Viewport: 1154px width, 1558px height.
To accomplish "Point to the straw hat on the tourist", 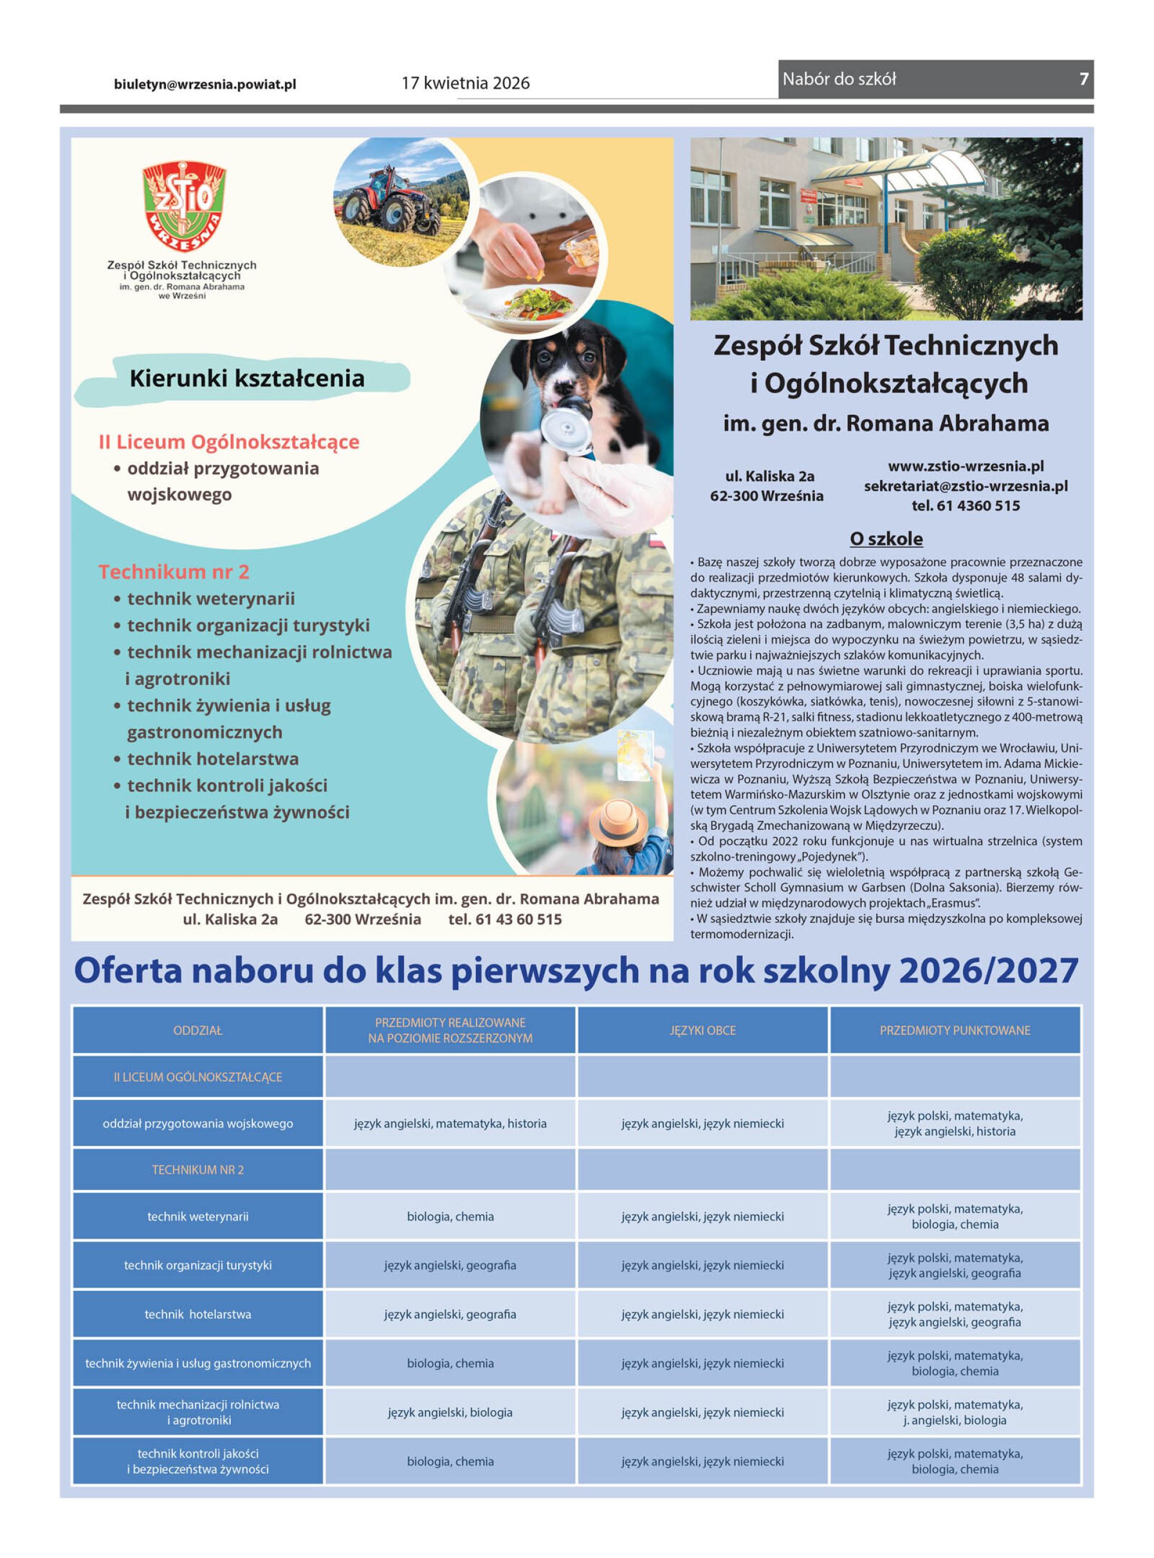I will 617,820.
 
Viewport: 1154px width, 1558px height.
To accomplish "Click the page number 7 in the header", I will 1084,79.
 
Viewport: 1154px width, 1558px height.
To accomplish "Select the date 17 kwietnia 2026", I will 465,83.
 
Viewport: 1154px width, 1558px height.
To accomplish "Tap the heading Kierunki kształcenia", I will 246,379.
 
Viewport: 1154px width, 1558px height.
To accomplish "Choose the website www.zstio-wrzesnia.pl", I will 965,466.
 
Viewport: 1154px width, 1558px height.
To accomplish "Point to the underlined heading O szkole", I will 886,539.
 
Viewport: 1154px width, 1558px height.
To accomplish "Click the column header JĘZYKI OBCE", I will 702,1031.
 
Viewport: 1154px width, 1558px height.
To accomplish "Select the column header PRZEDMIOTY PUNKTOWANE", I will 954,1031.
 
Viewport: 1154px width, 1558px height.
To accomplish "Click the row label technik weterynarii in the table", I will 198,1216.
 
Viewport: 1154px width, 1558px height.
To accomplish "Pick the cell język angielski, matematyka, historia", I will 450,1123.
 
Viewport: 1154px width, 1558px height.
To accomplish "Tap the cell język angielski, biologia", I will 450,1412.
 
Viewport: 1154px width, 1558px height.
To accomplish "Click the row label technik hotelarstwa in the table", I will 198,1314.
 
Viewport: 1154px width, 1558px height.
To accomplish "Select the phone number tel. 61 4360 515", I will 965,506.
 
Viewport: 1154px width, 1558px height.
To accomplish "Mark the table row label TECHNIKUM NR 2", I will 198,1170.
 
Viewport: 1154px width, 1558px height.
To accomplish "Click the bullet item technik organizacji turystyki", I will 248,625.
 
